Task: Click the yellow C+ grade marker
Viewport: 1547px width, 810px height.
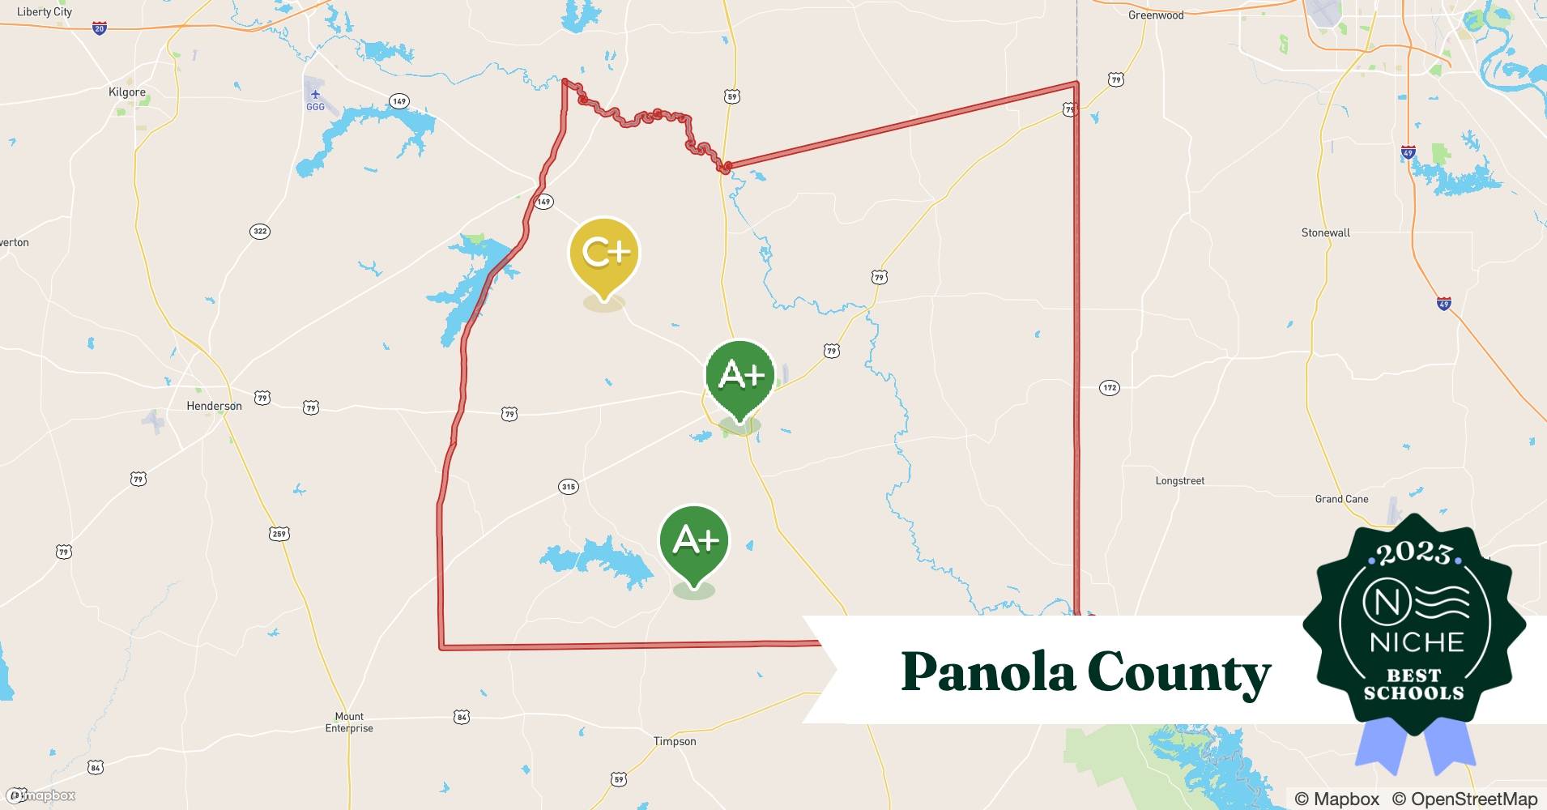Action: pos(604,253)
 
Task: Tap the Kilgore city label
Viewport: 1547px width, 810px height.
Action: pos(127,92)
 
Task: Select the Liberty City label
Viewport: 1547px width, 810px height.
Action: pos(45,12)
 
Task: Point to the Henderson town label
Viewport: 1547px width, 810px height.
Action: pos(214,406)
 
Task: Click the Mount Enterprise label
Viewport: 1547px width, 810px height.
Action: pos(349,723)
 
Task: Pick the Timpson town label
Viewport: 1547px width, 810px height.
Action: pos(675,741)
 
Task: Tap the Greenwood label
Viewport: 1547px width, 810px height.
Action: pos(1156,15)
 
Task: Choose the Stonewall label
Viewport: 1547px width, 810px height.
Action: pos(1326,232)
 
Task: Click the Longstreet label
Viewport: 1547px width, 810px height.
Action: pos(1179,481)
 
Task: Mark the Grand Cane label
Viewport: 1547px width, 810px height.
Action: pos(1341,499)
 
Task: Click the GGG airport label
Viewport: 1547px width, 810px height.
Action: pos(315,107)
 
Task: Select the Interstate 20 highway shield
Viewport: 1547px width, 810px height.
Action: pos(99,28)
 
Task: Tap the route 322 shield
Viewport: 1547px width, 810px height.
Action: pos(259,232)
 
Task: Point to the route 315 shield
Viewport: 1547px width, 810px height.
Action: pos(569,487)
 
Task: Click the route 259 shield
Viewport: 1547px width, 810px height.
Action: pos(279,534)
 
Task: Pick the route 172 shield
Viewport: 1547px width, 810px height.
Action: pos(1110,388)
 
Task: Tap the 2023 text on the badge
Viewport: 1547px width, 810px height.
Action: pos(1413,553)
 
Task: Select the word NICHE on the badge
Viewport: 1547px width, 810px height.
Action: pos(1416,642)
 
